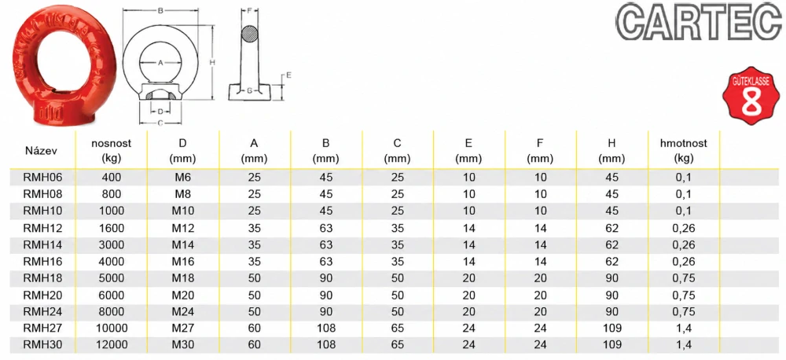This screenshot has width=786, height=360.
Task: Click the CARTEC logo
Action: (x=699, y=23)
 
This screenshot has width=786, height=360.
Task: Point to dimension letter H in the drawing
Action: (x=212, y=63)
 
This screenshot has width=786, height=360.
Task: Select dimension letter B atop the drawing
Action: (x=160, y=11)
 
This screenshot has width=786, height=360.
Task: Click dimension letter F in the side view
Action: (x=249, y=10)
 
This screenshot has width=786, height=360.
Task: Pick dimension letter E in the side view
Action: (x=289, y=75)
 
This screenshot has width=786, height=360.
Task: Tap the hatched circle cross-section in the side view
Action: (x=249, y=35)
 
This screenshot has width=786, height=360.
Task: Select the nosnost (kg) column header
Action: (x=111, y=151)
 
